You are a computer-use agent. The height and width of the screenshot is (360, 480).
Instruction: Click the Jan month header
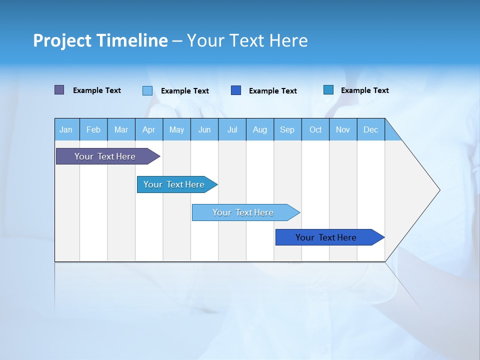point(66,129)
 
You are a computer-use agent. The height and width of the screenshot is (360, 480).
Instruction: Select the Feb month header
point(93,129)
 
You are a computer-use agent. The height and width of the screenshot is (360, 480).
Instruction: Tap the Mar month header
point(121,129)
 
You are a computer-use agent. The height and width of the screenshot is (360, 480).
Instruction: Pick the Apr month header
point(149,129)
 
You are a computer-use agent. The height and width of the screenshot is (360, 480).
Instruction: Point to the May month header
point(176,129)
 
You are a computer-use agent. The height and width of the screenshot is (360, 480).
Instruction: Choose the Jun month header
point(204,129)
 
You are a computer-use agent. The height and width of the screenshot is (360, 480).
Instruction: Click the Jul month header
point(232,129)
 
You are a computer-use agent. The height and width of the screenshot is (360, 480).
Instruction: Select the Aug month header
point(260,129)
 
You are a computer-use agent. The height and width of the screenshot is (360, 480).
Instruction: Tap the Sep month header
point(287,129)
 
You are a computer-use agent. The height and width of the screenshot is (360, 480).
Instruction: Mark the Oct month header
point(315,129)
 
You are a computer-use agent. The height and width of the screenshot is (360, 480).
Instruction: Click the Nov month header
point(343,129)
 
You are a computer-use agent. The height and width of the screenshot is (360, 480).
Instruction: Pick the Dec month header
point(371,129)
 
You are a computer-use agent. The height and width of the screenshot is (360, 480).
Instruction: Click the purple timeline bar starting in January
point(105,156)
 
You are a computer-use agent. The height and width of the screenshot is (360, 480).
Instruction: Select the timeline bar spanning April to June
point(174,184)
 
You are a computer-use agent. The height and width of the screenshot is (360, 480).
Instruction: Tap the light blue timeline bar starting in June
point(243,212)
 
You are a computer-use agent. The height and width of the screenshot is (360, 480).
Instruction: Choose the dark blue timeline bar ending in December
point(326,237)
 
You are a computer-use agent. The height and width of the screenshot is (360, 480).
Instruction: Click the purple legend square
point(59,90)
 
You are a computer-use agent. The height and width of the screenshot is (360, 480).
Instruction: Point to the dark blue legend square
point(236,90)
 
